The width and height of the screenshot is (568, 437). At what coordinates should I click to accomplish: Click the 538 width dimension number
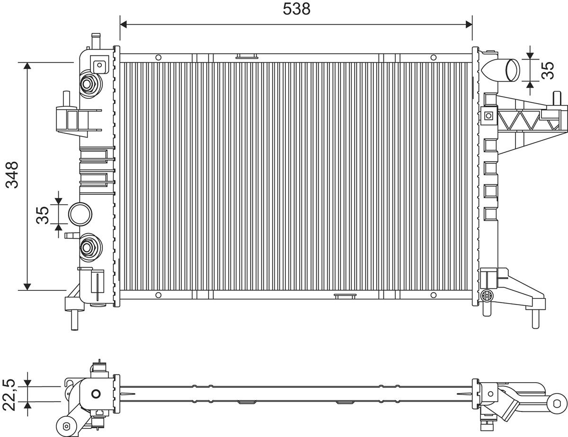pyautogui.click(x=296, y=9)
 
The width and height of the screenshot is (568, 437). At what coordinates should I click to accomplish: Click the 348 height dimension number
pyautogui.click(x=12, y=175)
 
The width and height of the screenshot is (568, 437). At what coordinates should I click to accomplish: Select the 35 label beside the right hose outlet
pyautogui.click(x=548, y=70)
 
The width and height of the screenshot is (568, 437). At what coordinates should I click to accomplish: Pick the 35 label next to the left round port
pyautogui.click(x=42, y=215)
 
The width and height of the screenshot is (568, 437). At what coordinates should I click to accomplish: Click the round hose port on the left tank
pyautogui.click(x=80, y=214)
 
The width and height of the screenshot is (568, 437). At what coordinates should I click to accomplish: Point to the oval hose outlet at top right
pyautogui.click(x=513, y=70)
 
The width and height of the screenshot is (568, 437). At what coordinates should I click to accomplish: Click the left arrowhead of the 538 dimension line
pyautogui.click(x=124, y=25)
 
